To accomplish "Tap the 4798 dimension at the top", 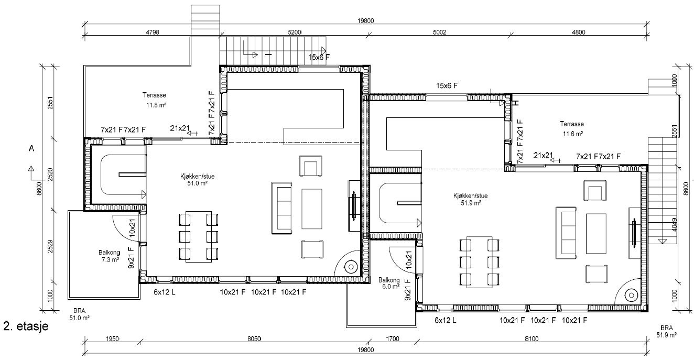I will tap(152, 32).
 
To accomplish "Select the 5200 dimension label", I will tap(295, 32).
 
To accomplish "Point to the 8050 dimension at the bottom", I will tap(254, 339).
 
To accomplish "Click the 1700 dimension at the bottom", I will tap(392, 339).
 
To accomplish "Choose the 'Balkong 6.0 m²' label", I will tap(389, 283).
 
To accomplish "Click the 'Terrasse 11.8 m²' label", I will tap(154, 100).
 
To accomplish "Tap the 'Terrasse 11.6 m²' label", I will tap(572, 129).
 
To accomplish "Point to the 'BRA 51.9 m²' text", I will tap(666, 331).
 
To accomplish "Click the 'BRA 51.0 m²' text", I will tap(80, 314).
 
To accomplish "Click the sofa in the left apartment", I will tap(281, 208).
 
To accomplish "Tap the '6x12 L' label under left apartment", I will tap(164, 291).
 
